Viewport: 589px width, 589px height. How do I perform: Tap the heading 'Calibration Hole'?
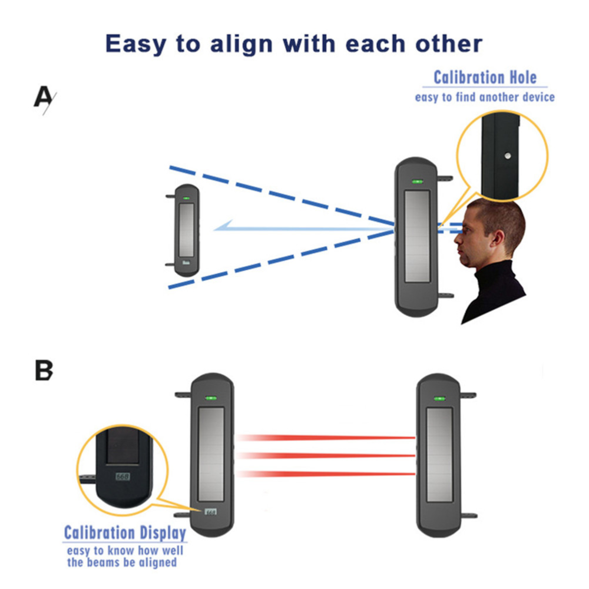485,78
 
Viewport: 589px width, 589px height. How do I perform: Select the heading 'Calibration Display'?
125,533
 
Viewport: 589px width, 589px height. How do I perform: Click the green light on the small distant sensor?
186,198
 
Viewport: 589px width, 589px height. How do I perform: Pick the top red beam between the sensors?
327,438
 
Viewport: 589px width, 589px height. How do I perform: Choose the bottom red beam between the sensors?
327,474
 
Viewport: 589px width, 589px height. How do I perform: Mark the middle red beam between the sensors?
327,455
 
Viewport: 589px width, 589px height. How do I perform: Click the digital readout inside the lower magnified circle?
123,476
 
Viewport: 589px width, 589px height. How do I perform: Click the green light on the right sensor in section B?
439,400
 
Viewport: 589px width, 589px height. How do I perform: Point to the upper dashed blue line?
277,194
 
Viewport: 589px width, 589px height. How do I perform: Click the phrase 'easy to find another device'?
485,97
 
